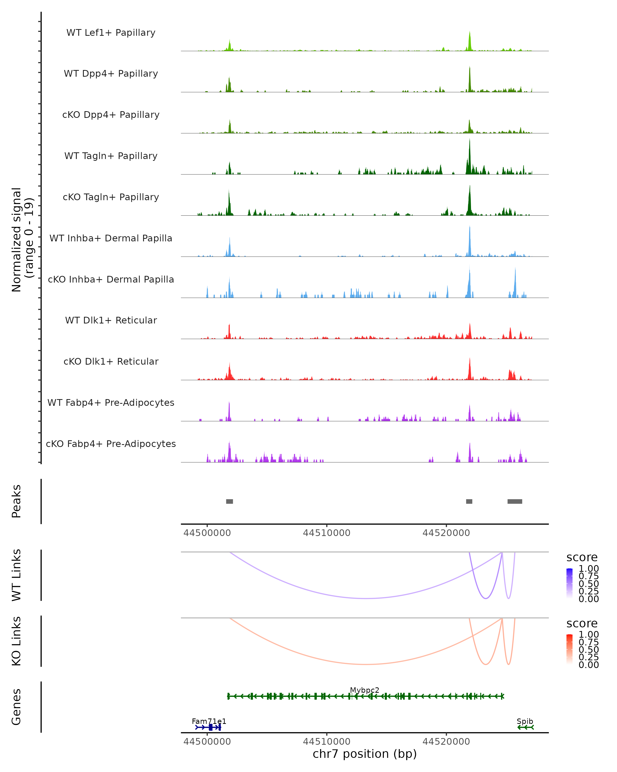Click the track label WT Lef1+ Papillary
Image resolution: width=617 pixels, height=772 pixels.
pyautogui.click(x=111, y=33)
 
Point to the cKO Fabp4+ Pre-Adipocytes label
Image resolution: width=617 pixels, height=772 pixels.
pyautogui.click(x=111, y=444)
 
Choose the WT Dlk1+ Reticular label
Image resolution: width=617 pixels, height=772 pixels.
pyautogui.click(x=111, y=320)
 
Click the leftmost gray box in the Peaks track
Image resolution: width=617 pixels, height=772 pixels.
pyautogui.click(x=230, y=501)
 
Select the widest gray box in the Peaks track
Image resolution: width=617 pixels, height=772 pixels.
pyautogui.click(x=515, y=501)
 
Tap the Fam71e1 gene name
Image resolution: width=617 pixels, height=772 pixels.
pyautogui.click(x=209, y=721)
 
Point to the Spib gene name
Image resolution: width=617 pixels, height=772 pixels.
pyautogui.click(x=525, y=721)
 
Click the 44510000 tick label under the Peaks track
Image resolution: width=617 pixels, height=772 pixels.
pyautogui.click(x=326, y=533)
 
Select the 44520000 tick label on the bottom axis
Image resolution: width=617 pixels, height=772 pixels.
pyautogui.click(x=446, y=742)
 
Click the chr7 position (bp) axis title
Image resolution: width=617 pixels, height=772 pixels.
pyautogui.click(x=365, y=754)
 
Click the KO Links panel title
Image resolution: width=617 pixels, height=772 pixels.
pyautogui.click(x=16, y=641)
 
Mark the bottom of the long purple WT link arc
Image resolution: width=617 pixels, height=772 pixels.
pyautogui.click(x=367, y=598)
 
